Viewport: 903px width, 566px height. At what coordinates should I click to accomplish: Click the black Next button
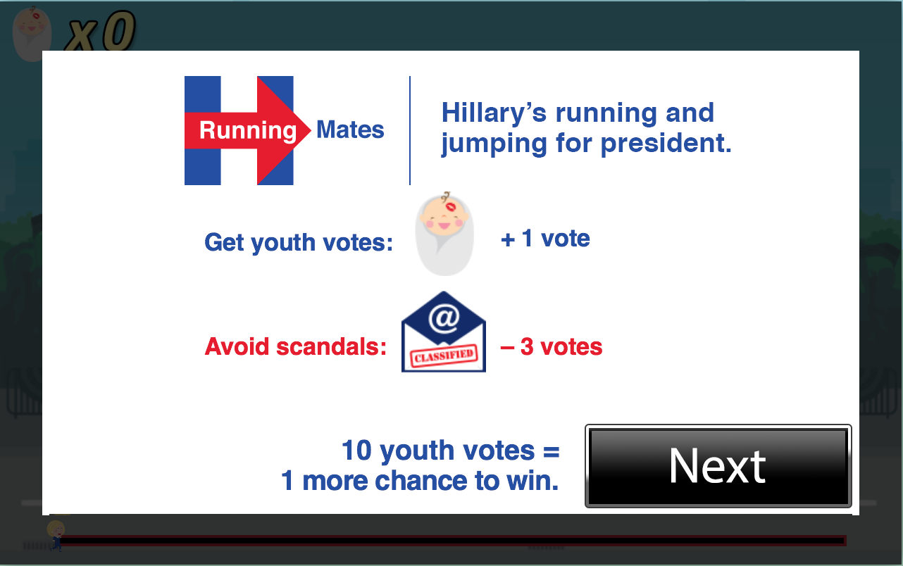(x=718, y=465)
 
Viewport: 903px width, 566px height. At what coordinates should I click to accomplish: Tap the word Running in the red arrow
(x=247, y=130)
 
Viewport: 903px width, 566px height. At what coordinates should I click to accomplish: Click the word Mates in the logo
(x=350, y=130)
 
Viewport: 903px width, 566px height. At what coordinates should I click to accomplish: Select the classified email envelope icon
(x=444, y=332)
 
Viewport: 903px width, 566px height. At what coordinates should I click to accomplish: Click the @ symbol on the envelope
(x=444, y=319)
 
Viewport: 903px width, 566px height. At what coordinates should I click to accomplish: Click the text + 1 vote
(x=545, y=239)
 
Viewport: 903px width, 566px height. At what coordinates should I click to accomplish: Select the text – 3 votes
(x=552, y=347)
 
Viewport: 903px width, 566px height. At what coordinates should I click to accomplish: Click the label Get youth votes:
(x=299, y=242)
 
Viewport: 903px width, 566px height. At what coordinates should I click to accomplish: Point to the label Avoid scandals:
(x=296, y=347)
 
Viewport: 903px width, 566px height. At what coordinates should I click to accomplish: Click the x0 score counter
(x=101, y=33)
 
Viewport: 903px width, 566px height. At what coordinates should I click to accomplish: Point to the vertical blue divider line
(x=410, y=131)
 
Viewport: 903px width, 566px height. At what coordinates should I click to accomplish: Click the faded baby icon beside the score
(x=31, y=33)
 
